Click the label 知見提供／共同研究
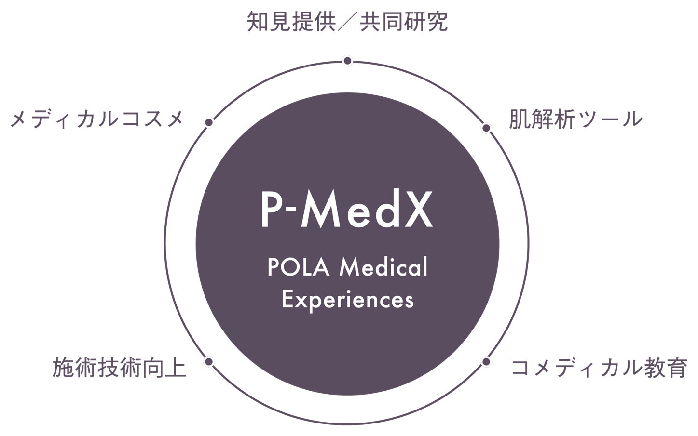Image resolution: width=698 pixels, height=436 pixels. point(347,22)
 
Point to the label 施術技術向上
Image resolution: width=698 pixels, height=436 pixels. point(119,367)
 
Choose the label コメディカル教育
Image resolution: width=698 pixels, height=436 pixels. point(599,368)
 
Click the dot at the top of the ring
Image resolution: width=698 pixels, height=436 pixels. point(347,61)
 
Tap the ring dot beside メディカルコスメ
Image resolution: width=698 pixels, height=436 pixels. point(209,123)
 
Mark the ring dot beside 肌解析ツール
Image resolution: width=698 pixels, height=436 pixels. point(486,128)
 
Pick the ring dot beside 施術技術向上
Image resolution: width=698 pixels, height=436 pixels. point(209,361)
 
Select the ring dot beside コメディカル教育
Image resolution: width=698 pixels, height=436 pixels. point(486,361)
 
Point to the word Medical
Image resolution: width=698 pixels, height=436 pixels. point(383,268)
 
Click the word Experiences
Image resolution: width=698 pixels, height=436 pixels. point(347,300)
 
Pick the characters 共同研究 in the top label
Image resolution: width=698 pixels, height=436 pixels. point(403,22)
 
